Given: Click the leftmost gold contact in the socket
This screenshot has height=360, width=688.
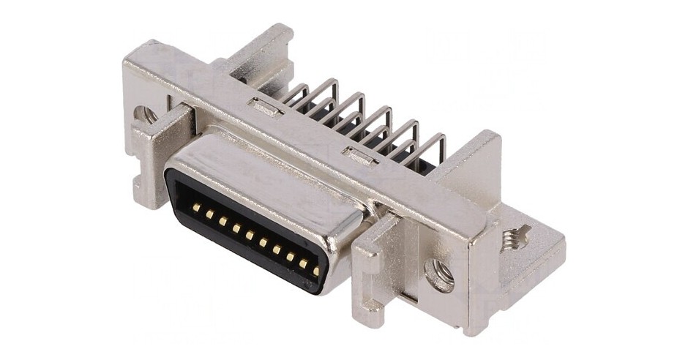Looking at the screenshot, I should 196,208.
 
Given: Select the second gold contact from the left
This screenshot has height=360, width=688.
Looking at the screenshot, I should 209,214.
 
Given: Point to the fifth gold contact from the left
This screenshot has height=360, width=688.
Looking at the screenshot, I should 250,235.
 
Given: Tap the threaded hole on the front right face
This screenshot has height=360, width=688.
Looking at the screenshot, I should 438,275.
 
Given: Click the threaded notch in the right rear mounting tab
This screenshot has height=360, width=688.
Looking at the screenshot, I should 517,238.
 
